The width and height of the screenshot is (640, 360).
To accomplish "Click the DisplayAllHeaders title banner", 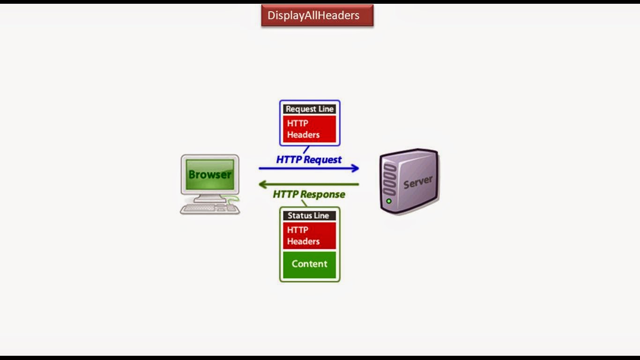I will point(317,15).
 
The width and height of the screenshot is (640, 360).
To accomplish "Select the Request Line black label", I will point(310,109).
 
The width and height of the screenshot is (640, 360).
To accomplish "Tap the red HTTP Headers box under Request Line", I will point(310,129).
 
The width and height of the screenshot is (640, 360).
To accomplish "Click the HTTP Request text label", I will point(309,159).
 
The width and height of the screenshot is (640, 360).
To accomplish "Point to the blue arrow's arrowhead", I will point(356,168).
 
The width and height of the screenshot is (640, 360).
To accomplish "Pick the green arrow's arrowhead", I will point(262,184).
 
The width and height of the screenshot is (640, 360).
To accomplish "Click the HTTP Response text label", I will point(309,194).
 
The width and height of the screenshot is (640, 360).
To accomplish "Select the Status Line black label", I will point(310,216).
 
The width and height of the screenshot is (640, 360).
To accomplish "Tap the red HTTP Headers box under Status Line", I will point(310,235).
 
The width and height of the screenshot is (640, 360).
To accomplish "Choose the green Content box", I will point(310,264).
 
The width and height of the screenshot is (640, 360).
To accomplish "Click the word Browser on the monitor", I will point(210,174).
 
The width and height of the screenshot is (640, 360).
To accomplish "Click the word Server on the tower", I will point(418,182).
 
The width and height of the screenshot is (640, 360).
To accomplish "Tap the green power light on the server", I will point(389,201).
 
